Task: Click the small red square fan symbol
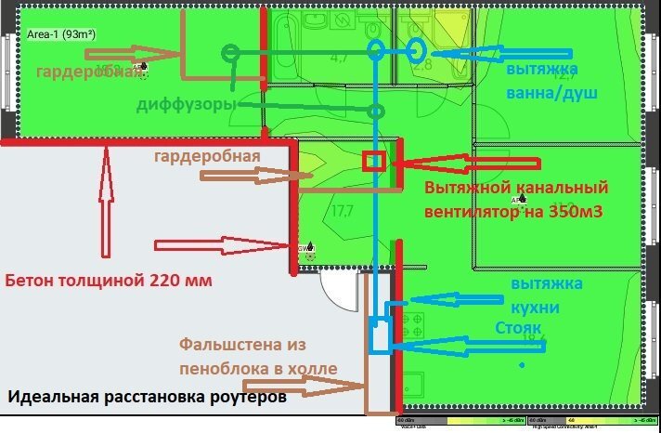click(373, 160)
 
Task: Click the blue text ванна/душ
click(551, 93)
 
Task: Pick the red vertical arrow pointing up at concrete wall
click(105, 204)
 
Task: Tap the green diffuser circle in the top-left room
click(228, 53)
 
